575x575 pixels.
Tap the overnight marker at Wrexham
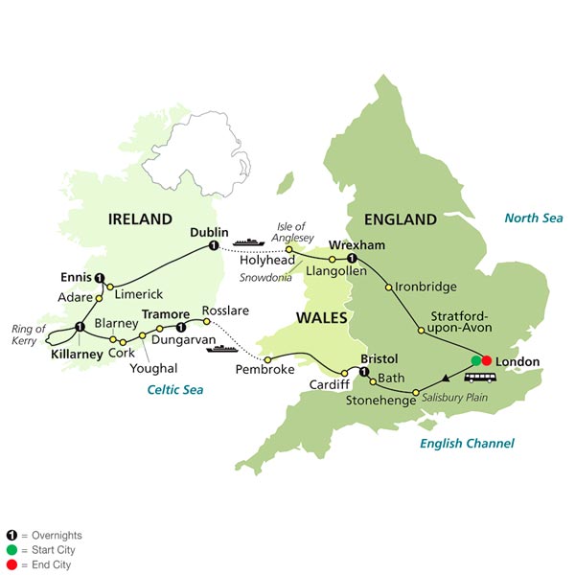click(353, 260)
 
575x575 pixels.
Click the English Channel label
click(467, 443)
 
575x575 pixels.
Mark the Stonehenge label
click(377, 402)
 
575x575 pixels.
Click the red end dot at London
click(487, 360)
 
